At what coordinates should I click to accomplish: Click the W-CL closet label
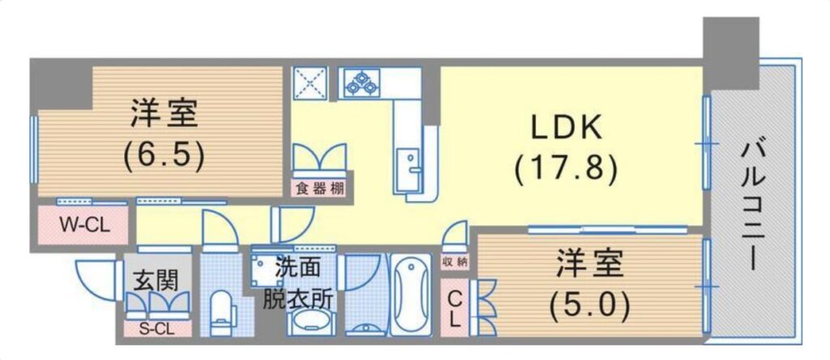[83, 225]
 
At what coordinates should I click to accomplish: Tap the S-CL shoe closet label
[156, 328]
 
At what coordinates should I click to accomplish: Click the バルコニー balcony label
[752, 207]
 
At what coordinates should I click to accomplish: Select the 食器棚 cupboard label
[319, 189]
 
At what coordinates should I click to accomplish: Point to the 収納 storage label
[454, 261]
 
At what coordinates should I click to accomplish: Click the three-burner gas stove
[362, 84]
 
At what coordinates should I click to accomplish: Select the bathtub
[411, 294]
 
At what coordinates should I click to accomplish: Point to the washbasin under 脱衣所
[311, 322]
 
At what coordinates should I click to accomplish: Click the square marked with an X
[310, 83]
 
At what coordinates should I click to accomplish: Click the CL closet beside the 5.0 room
[454, 307]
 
